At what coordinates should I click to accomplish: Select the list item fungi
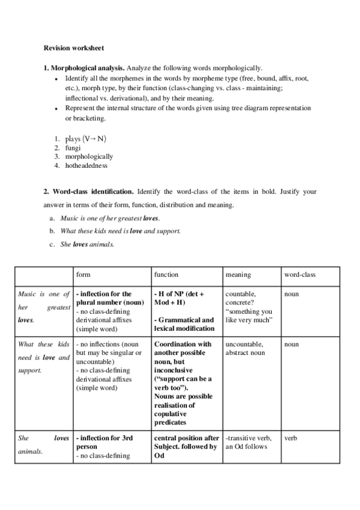pos(73,147)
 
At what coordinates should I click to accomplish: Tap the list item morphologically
pos(89,156)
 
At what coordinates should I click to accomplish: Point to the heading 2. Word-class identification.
pos(89,192)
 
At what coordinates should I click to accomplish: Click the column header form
pos(83,274)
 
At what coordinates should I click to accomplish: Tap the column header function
pos(166,274)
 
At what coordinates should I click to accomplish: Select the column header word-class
pos(299,274)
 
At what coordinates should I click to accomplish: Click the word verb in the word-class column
pos(291,438)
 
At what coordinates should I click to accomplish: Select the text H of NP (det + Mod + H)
pos(180,298)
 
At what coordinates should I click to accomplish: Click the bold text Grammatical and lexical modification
pos(184,324)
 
